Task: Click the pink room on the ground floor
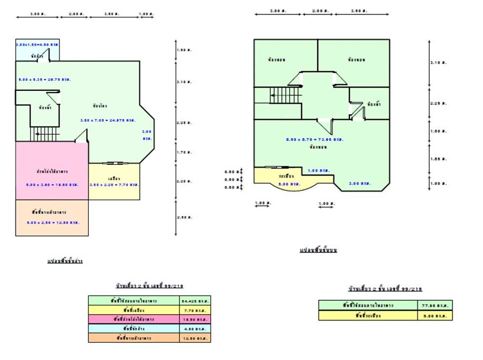[52, 170]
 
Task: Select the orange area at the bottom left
[52, 217]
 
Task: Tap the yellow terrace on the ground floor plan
[114, 181]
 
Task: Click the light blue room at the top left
[37, 49]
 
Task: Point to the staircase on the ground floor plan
[45, 133]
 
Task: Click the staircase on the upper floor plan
[285, 95]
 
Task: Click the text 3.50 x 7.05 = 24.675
[108, 120]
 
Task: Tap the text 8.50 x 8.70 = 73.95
[314, 140]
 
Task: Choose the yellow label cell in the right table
[368, 315]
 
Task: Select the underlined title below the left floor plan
[65, 261]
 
